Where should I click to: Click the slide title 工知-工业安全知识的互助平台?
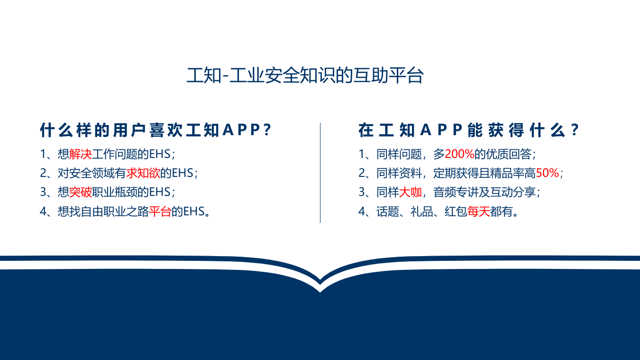tap(305, 76)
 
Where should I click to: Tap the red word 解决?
tap(81, 154)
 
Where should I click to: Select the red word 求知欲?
tap(143, 173)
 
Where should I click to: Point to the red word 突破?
tap(81, 192)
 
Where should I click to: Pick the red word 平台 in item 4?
tap(160, 212)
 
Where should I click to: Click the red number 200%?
tap(460, 154)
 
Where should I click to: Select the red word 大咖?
tap(411, 192)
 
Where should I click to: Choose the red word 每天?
tap(479, 212)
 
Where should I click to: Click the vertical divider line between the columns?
tap(320, 173)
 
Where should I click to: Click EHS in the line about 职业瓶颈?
tap(160, 192)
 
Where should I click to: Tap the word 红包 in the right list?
tap(456, 212)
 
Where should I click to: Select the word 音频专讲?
tap(456, 192)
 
